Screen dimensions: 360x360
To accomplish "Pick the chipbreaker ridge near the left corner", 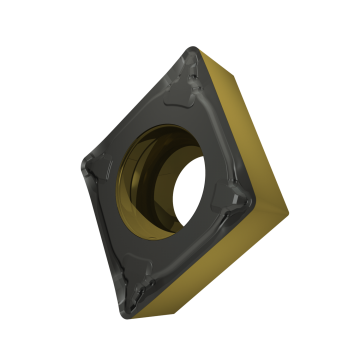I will point(98,165).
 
